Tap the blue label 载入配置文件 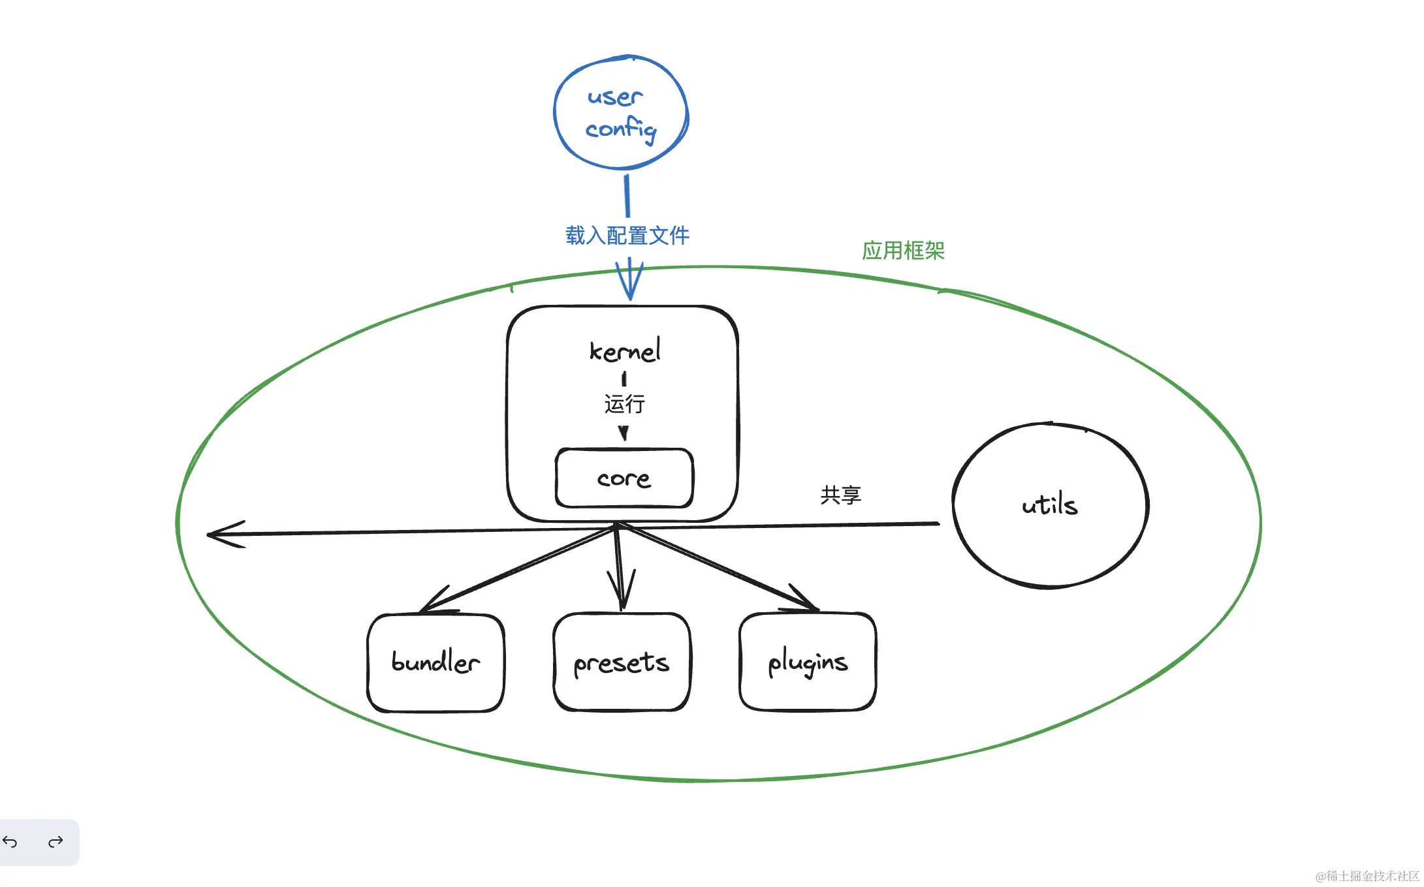coord(627,236)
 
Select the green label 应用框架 coord(903,251)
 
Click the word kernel coord(625,350)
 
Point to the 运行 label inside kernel coord(624,404)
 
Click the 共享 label coord(841,495)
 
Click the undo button coord(10,842)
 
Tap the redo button coord(55,842)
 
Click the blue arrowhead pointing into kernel coord(630,281)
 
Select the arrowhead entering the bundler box coord(436,600)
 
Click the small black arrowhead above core coord(624,433)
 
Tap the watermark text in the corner coord(1367,876)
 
